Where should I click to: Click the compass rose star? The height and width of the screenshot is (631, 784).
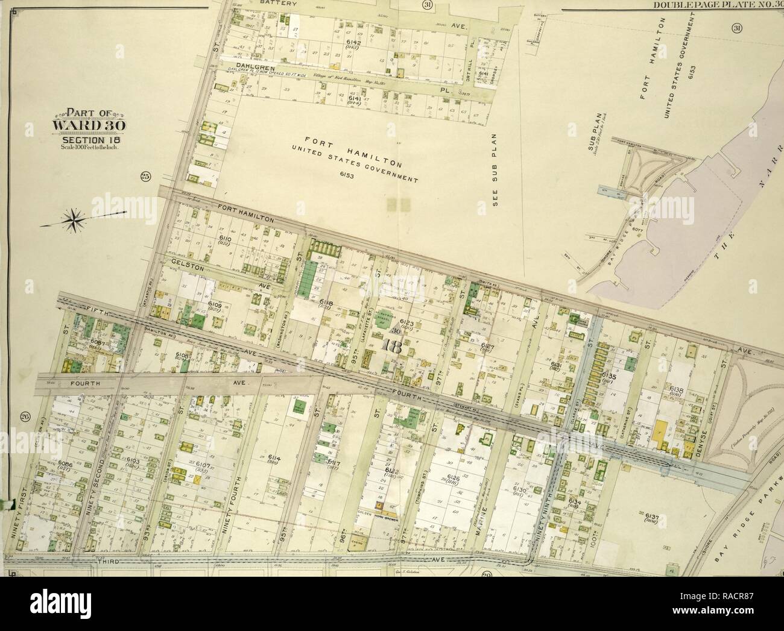[x=75, y=219]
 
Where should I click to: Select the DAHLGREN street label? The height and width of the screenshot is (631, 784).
[x=256, y=68]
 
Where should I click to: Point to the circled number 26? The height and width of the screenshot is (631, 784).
[x=25, y=416]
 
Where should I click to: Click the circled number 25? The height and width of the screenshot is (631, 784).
[x=144, y=176]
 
